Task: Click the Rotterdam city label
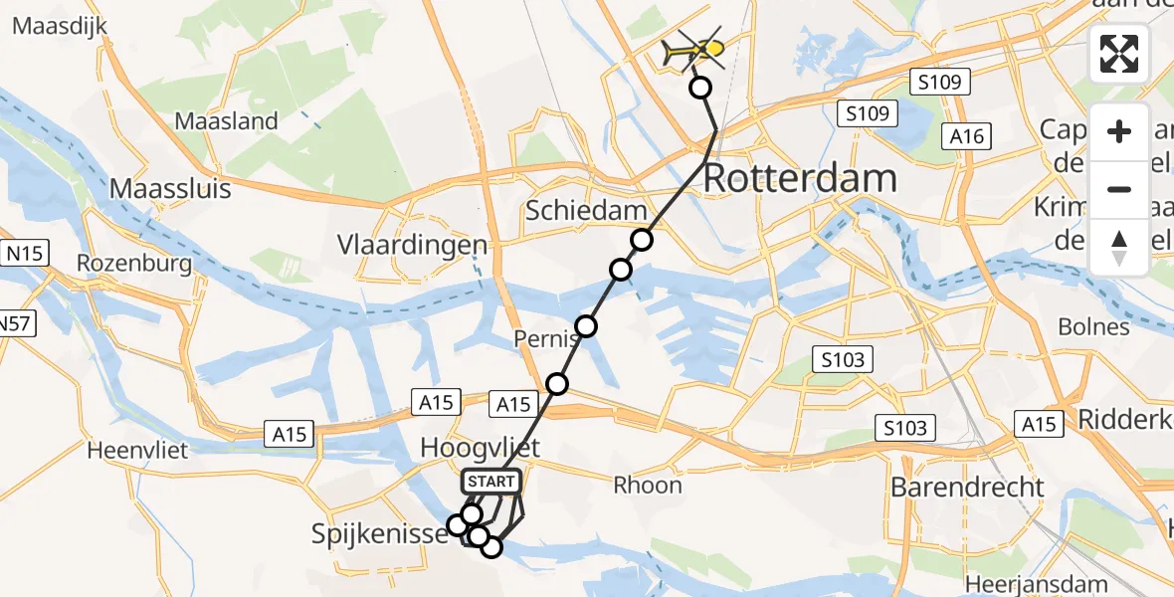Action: coord(801,180)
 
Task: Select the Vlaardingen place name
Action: coord(413,245)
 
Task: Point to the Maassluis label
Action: coord(170,188)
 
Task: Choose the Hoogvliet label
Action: coord(481,449)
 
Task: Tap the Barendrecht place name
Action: coord(968,488)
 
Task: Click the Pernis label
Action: coord(541,339)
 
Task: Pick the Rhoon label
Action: coord(648,486)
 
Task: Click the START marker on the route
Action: coord(490,483)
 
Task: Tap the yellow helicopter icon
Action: coord(701,48)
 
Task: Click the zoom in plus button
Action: coord(1119,131)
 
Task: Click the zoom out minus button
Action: coord(1119,189)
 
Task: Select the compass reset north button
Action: coord(1119,247)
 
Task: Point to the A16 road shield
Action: coord(967,135)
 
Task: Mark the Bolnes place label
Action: coord(1094,327)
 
